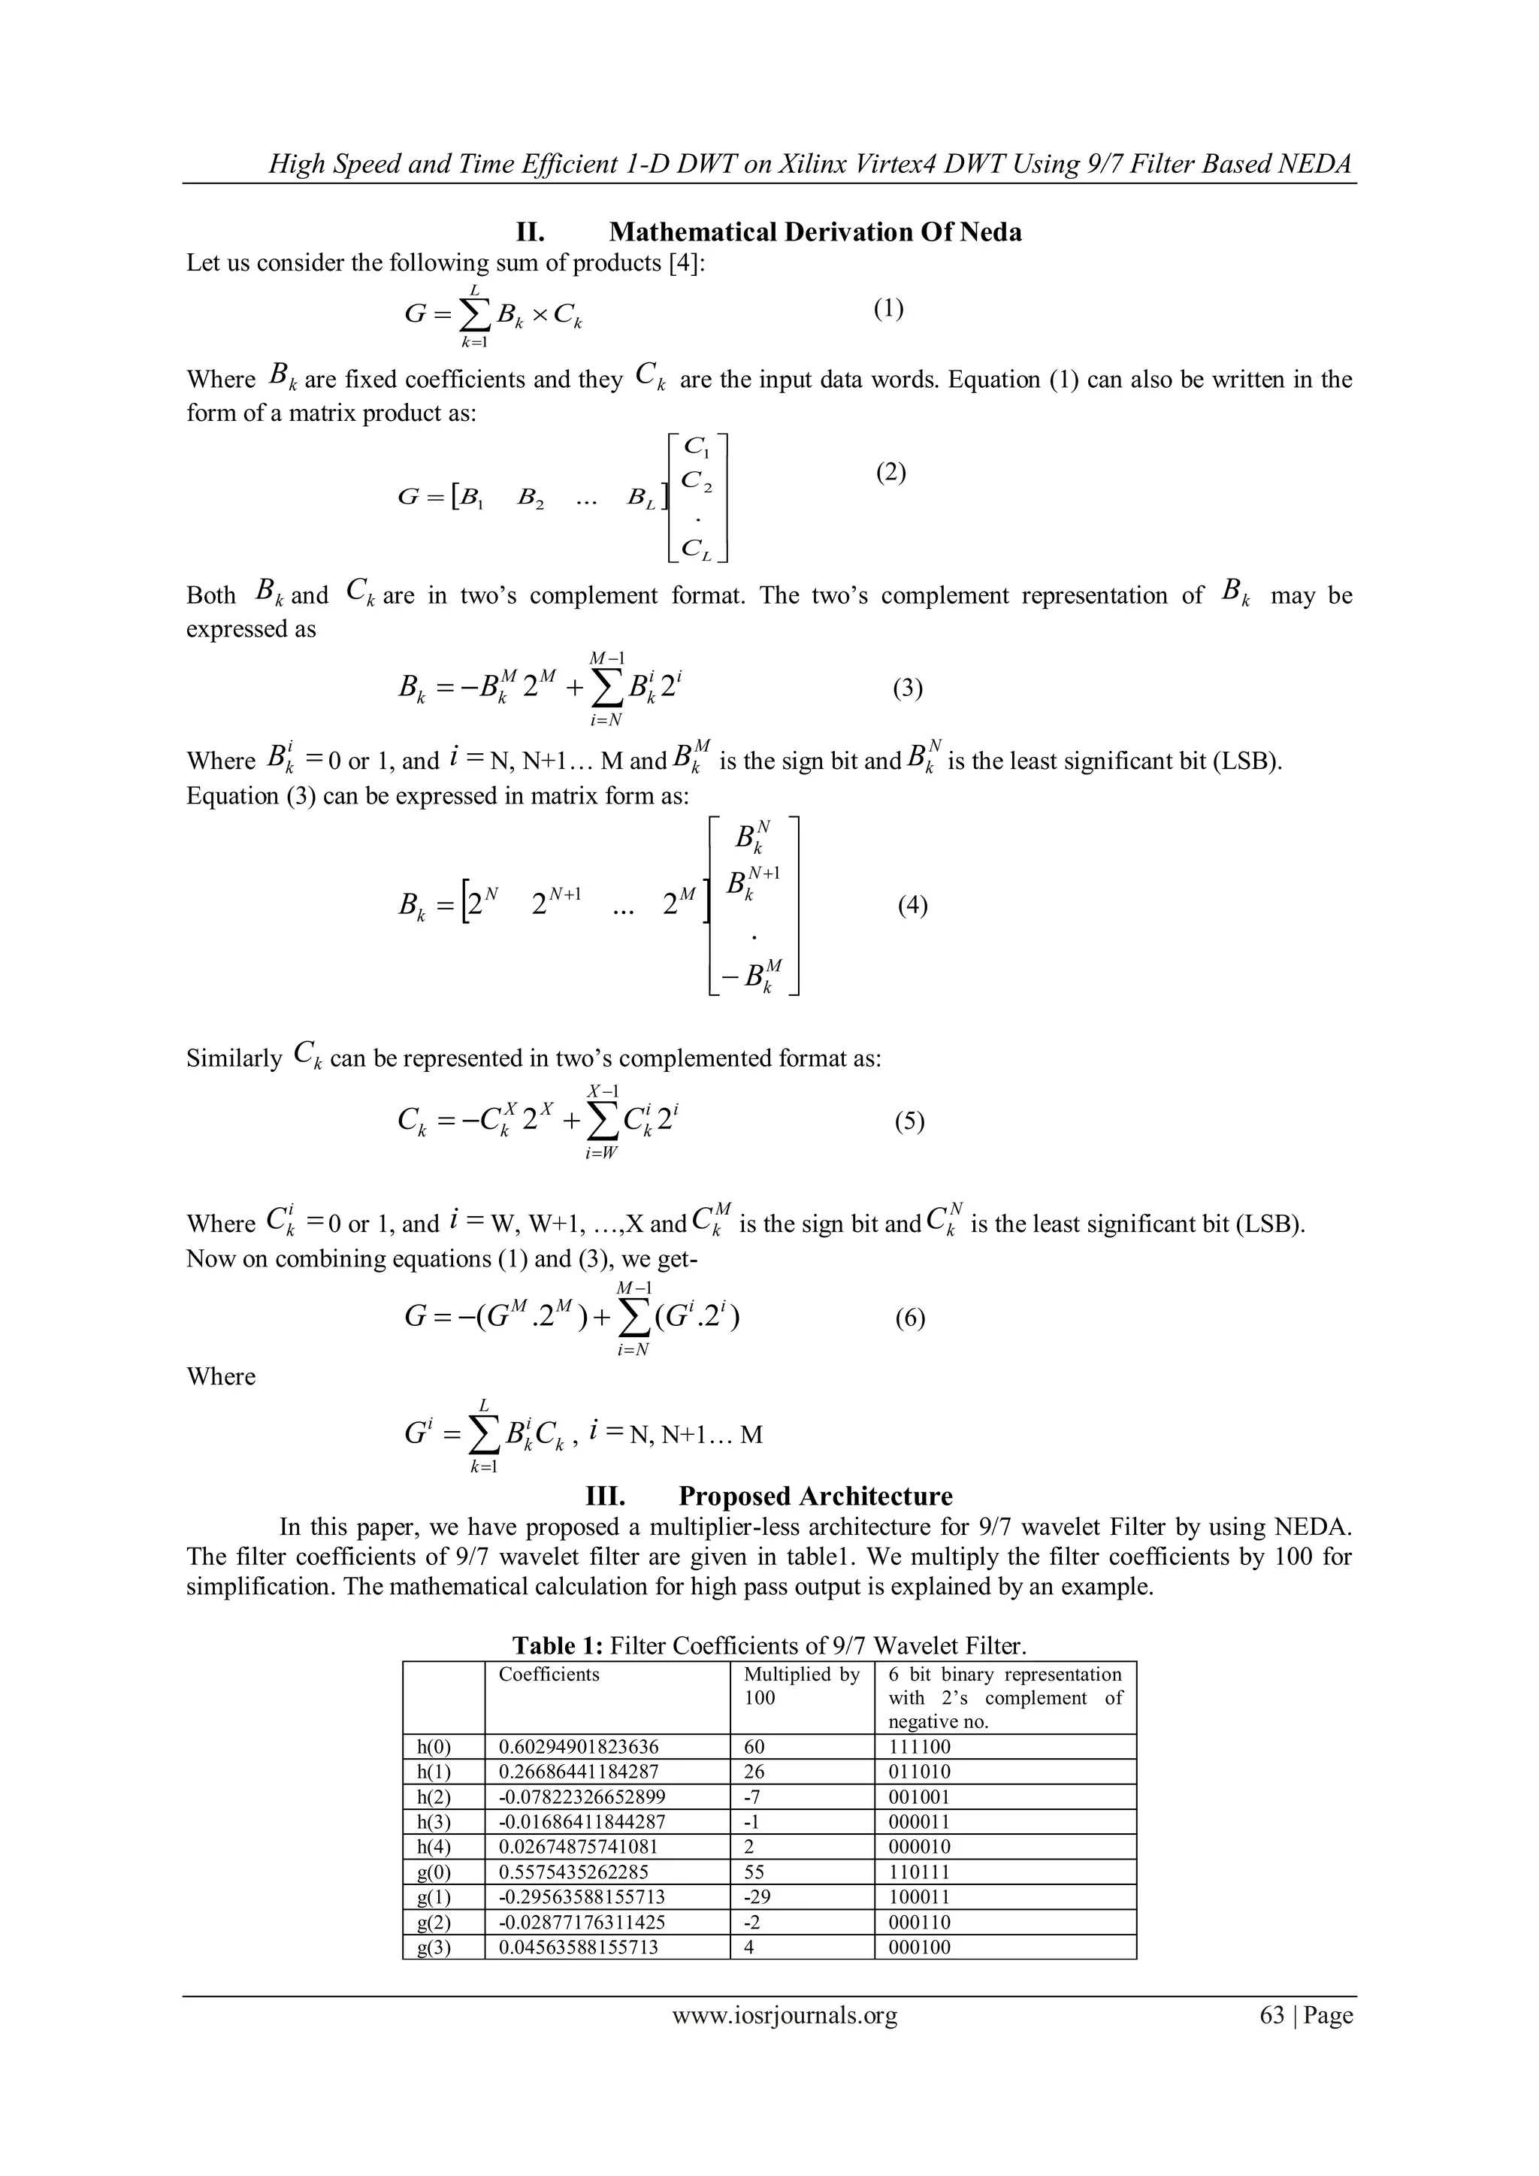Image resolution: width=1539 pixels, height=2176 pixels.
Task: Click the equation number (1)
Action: (888, 309)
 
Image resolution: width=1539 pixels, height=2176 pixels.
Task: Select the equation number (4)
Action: (912, 905)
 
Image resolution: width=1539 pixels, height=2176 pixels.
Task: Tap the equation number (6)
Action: (910, 1318)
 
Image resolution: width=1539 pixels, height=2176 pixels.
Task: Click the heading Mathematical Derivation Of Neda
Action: (815, 232)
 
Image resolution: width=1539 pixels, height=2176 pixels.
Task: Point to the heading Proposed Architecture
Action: (815, 1497)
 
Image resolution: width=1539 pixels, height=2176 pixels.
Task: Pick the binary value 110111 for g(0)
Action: (919, 1872)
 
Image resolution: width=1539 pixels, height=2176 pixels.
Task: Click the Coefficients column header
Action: (549, 1675)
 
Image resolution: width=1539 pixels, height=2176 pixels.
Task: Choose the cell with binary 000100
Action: (919, 1947)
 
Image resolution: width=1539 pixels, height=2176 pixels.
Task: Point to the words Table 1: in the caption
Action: (558, 1646)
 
